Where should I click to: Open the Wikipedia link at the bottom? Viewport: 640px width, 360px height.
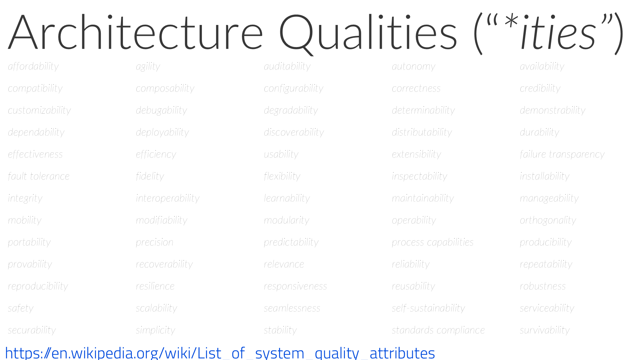pyautogui.click(x=220, y=353)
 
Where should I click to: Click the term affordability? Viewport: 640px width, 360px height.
pyautogui.click(x=33, y=67)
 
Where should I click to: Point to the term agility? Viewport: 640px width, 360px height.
pyautogui.click(x=148, y=67)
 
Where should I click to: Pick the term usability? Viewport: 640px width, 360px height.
pyautogui.click(x=281, y=155)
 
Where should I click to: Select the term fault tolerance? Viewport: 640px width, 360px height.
pyautogui.click(x=39, y=176)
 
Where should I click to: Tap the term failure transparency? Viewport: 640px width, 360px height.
pyautogui.click(x=562, y=155)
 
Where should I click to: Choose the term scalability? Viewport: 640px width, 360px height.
pyautogui.click(x=156, y=308)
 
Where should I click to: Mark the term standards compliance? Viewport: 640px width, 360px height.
pyautogui.click(x=438, y=330)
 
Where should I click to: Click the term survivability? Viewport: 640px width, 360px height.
pyautogui.click(x=545, y=330)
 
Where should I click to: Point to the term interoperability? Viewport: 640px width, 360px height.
pyautogui.click(x=167, y=198)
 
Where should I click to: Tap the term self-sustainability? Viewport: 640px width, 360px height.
pyautogui.click(x=428, y=308)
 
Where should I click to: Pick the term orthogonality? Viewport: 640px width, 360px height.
pyautogui.click(x=548, y=220)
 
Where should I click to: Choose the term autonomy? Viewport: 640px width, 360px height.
pyautogui.click(x=413, y=67)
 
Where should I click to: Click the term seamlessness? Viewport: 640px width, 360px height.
pyautogui.click(x=292, y=308)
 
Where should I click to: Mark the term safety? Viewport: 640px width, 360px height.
pyautogui.click(x=21, y=308)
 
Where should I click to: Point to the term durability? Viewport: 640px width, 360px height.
pyautogui.click(x=540, y=132)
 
